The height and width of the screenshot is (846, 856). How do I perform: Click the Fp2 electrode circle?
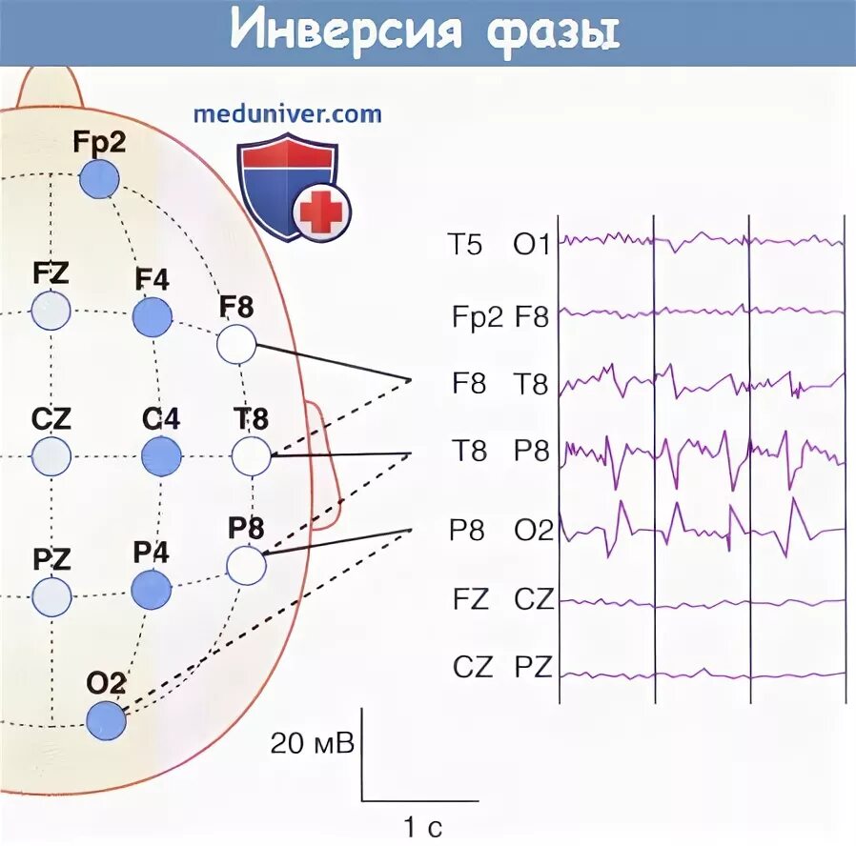pyautogui.click(x=98, y=178)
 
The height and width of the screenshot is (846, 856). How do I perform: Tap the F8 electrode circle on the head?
pyautogui.click(x=236, y=344)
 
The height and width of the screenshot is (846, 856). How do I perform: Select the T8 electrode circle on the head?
pyautogui.click(x=252, y=456)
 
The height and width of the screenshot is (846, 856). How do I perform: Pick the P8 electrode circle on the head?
pyautogui.click(x=246, y=564)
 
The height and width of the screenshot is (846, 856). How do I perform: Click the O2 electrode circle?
pyautogui.click(x=106, y=720)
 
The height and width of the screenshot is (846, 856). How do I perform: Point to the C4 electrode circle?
pyautogui.click(x=161, y=456)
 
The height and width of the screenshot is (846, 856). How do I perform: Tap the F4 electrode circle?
pyautogui.click(x=152, y=316)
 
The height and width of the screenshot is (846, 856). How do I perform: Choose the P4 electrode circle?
pyautogui.click(x=151, y=590)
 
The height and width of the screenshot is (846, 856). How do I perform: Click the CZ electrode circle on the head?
pyautogui.click(x=51, y=456)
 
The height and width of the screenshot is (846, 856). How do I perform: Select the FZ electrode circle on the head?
pyautogui.click(x=51, y=311)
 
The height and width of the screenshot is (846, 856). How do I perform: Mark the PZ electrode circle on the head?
pyautogui.click(x=51, y=597)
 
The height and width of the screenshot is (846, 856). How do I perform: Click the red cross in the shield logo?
pyautogui.click(x=322, y=211)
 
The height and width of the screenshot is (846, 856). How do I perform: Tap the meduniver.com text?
pyautogui.click(x=287, y=114)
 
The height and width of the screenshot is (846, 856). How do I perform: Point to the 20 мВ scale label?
pyautogui.click(x=312, y=742)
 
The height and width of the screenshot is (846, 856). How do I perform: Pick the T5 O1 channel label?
pyautogui.click(x=499, y=246)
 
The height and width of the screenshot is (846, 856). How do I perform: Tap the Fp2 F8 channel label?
pyautogui.click(x=500, y=317)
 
